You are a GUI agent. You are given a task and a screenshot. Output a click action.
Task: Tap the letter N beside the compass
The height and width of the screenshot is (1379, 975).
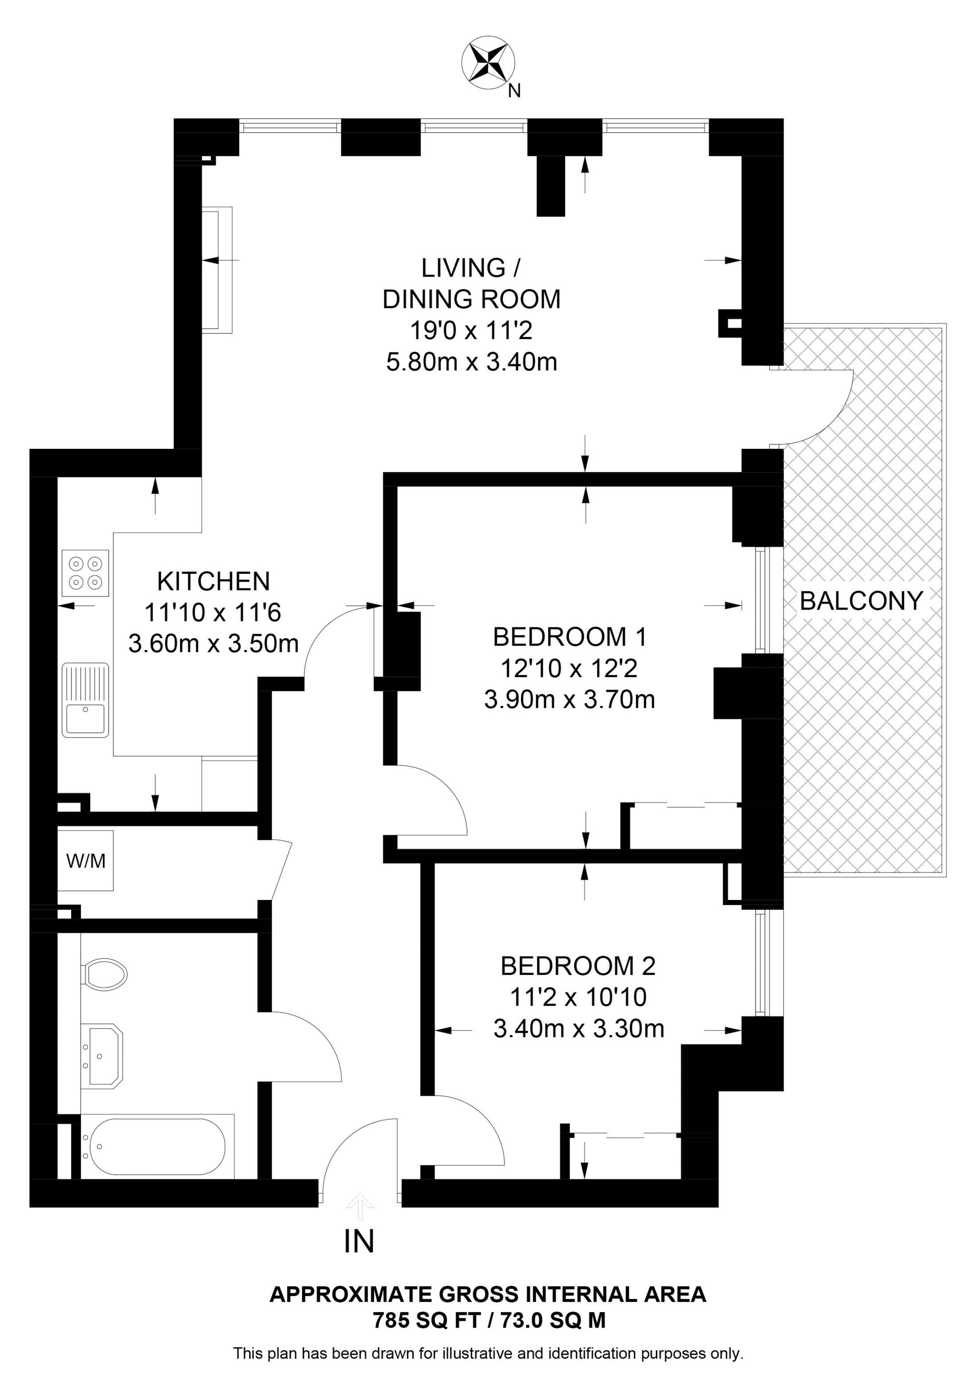tap(514, 91)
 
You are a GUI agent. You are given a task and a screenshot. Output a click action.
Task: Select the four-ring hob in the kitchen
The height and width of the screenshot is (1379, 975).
tap(85, 573)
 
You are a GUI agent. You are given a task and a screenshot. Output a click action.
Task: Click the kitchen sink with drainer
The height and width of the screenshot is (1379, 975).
tap(85, 700)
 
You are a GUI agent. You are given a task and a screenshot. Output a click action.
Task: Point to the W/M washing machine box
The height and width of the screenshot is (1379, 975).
tap(85, 861)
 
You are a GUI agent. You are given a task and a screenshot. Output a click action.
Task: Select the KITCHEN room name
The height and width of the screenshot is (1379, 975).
tap(213, 581)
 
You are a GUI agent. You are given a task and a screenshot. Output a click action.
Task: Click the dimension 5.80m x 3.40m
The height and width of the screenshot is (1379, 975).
tap(472, 362)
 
